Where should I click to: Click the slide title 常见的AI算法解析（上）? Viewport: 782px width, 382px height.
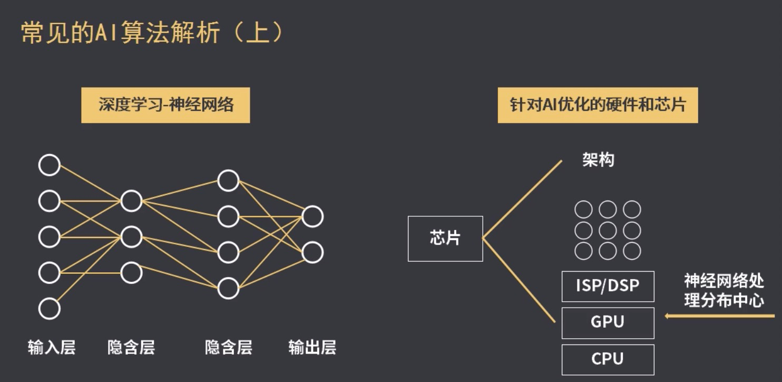(153, 33)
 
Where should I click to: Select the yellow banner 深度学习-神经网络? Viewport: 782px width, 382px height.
(165, 105)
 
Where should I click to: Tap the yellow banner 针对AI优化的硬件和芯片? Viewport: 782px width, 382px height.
(598, 105)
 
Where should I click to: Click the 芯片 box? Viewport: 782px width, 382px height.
(445, 238)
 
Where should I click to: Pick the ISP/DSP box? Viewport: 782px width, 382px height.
(608, 286)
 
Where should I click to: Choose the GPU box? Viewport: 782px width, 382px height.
(608, 322)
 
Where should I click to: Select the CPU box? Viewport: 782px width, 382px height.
(608, 359)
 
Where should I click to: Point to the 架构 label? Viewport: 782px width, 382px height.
(598, 160)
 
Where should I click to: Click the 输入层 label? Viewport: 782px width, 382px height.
(52, 348)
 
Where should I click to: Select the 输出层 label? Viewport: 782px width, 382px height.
(312, 348)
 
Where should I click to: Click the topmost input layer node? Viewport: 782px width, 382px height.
(50, 165)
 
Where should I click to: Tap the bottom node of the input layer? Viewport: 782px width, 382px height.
(50, 309)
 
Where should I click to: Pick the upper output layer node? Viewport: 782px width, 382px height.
(312, 216)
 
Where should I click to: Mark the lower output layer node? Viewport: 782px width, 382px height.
(312, 252)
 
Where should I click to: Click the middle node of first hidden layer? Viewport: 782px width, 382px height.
(131, 237)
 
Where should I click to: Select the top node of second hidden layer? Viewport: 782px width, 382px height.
(228, 180)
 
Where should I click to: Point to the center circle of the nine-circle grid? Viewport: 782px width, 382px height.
(608, 231)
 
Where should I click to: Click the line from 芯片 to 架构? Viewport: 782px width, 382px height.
(522, 200)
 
